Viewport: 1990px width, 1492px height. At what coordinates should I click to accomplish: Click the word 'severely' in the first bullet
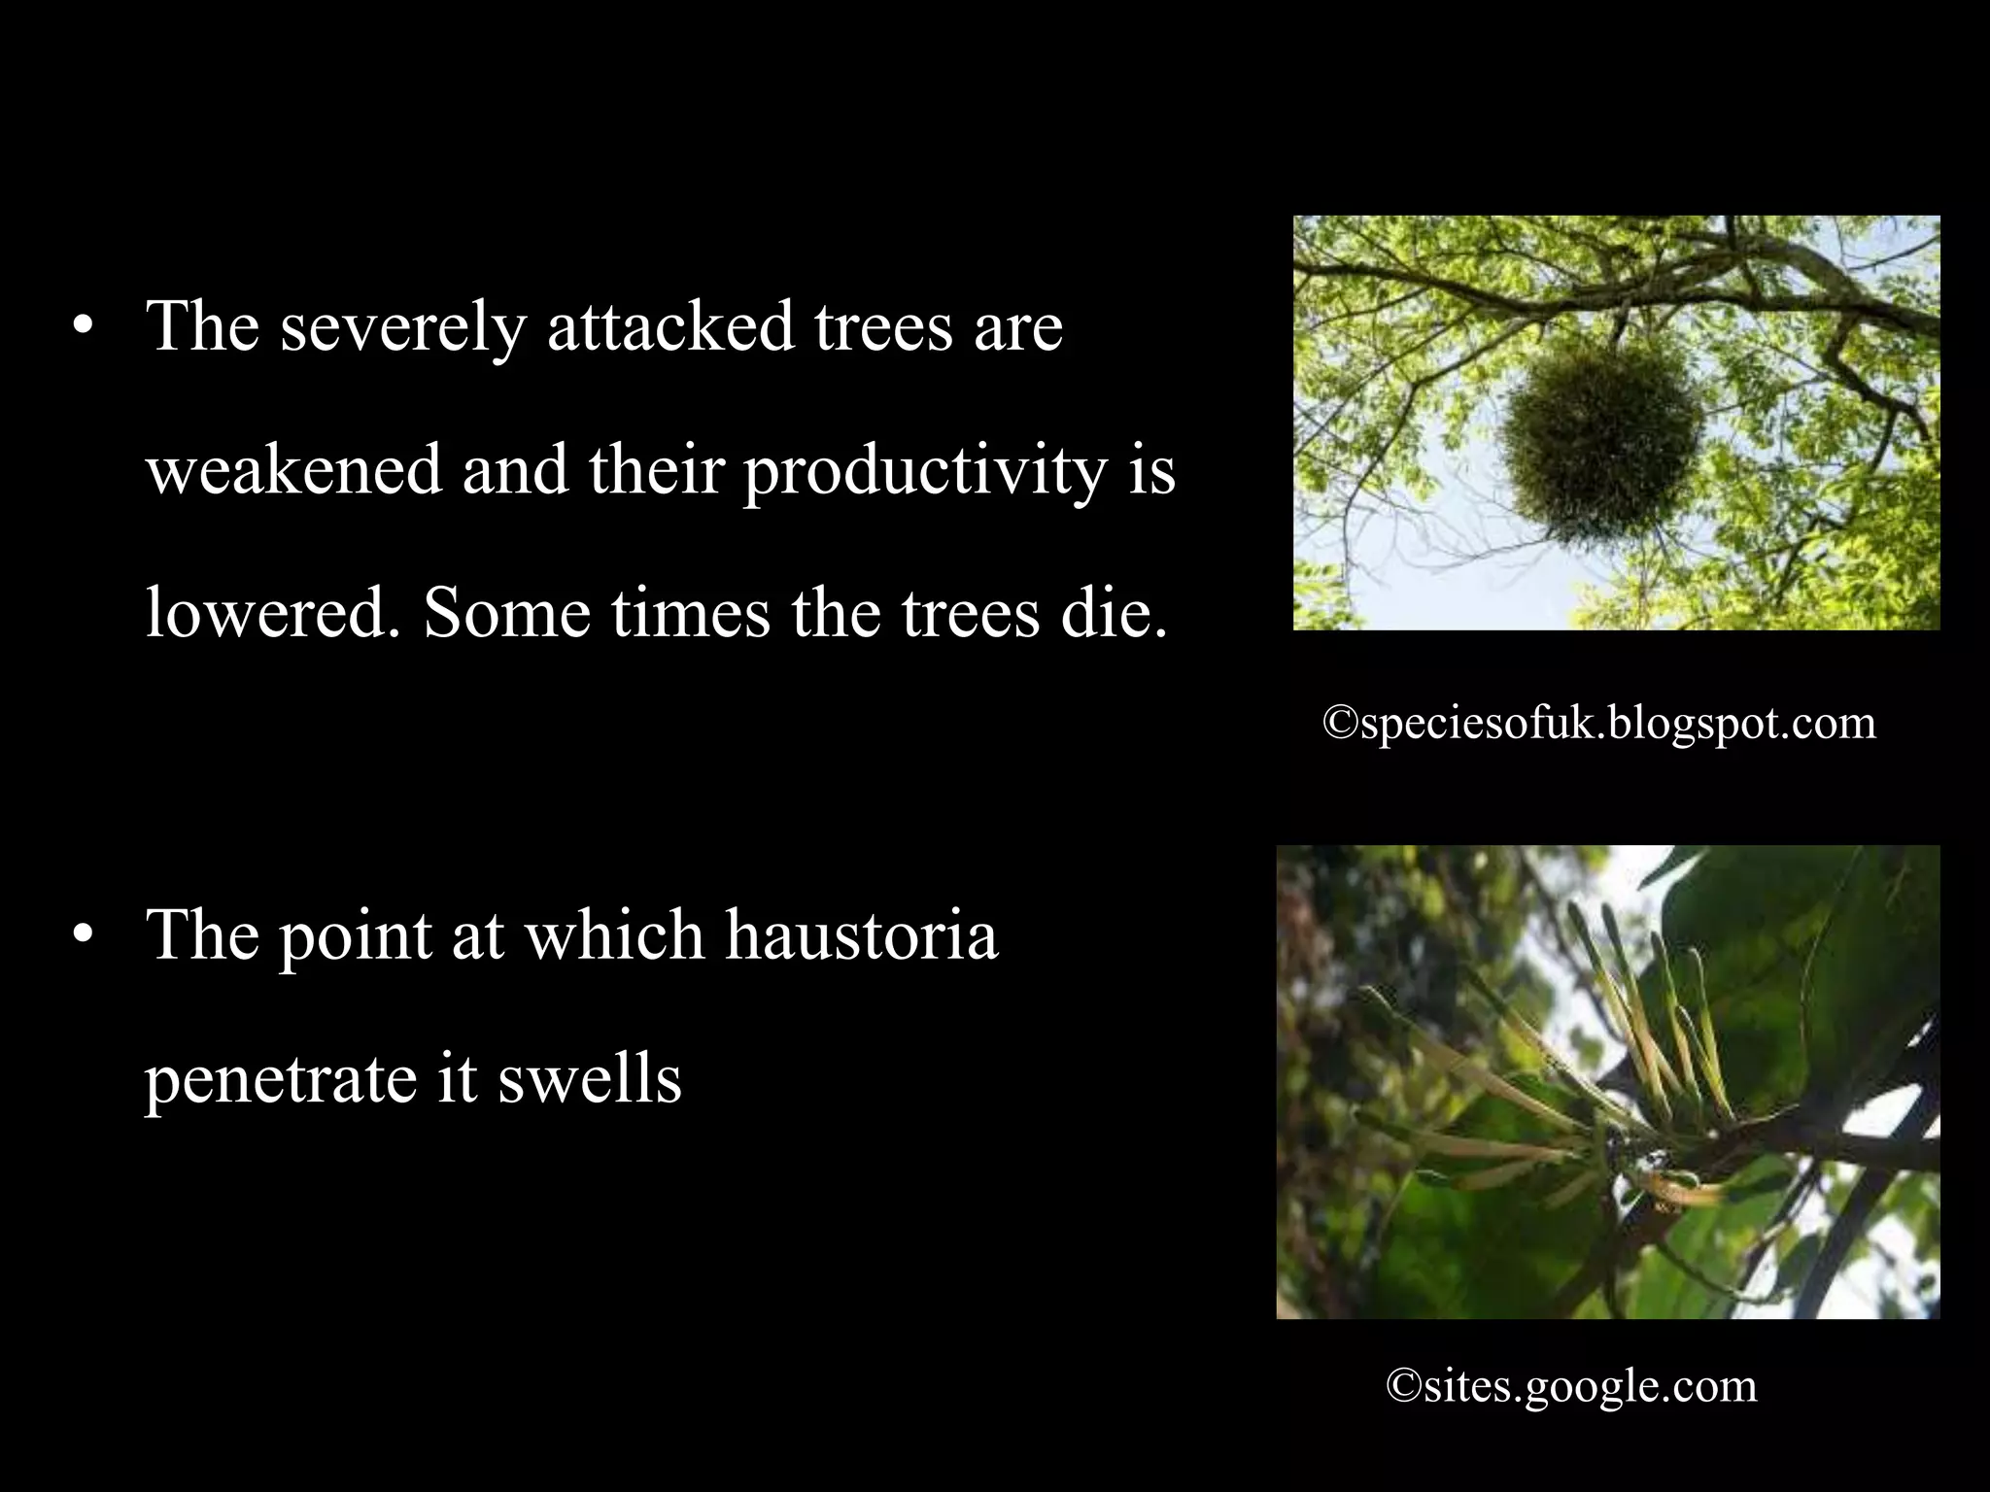403,326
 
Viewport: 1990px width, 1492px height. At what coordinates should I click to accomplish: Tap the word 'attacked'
669,326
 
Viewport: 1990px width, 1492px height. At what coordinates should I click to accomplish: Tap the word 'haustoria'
862,935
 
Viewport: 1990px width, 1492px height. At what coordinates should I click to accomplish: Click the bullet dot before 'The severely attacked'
84,328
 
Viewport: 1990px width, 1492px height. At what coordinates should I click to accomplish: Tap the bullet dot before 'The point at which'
84,935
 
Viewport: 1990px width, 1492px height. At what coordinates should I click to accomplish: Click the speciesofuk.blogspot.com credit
1599,724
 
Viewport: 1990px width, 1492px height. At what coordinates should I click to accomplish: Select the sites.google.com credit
1571,1386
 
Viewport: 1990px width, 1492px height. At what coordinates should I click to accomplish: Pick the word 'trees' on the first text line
883,328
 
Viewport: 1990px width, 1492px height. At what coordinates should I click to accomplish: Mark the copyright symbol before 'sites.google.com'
1404,1386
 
